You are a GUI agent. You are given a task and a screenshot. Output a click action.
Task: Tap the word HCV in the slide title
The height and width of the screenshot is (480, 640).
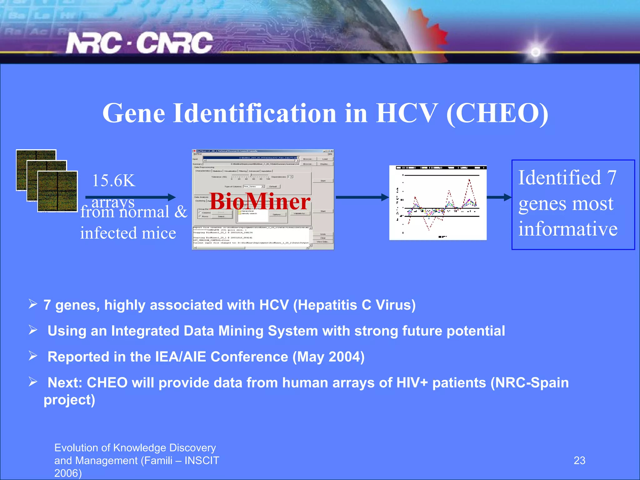pyautogui.click(x=407, y=113)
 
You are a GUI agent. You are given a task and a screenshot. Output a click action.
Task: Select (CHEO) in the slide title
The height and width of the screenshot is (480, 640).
pyautogui.click(x=497, y=113)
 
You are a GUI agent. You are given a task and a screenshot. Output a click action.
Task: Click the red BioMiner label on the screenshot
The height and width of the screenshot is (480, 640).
pyautogui.click(x=260, y=201)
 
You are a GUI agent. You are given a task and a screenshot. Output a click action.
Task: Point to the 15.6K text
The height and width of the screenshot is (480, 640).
pyautogui.click(x=114, y=181)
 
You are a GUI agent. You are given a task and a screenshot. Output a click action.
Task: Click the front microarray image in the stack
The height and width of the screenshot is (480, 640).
pyautogui.click(x=57, y=191)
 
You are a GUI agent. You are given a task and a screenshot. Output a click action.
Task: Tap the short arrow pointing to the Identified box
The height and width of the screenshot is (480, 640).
pyautogui.click(x=499, y=197)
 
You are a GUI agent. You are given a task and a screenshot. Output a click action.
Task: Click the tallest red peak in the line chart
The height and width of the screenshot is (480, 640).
pyautogui.click(x=469, y=180)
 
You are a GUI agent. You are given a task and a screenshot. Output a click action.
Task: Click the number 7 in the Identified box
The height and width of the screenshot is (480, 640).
pyautogui.click(x=611, y=178)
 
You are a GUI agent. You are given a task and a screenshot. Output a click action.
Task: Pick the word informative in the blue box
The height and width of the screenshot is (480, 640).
pyautogui.click(x=568, y=229)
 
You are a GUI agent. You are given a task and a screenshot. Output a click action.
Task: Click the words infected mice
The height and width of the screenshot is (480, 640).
pyautogui.click(x=128, y=233)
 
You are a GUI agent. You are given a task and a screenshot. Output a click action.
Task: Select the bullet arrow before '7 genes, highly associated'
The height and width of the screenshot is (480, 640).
pyautogui.click(x=33, y=304)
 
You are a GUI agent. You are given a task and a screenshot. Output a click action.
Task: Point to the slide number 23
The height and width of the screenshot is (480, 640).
pyautogui.click(x=579, y=460)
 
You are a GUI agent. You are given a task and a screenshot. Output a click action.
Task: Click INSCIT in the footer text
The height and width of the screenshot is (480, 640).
pyautogui.click(x=202, y=461)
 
